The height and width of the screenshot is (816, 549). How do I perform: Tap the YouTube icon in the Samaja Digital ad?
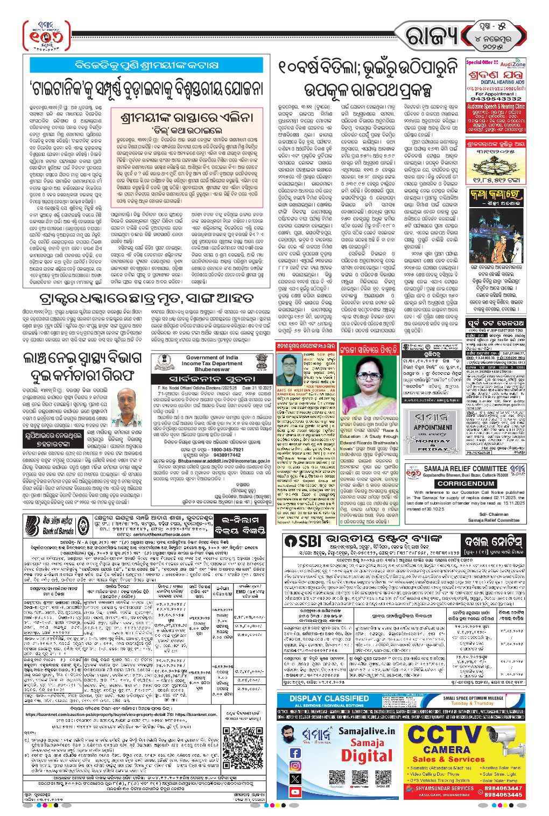tap(295, 792)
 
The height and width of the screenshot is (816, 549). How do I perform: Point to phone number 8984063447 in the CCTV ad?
tap(503, 788)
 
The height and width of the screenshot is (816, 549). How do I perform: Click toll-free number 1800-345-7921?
tap(220, 449)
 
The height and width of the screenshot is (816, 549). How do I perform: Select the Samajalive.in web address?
tap(367, 731)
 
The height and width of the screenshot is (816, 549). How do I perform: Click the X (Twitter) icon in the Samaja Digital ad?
tap(295, 779)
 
